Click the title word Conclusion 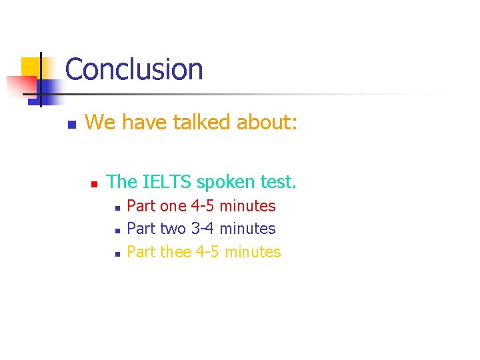point(134,69)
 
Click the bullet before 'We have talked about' point(71,125)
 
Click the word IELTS point(167,181)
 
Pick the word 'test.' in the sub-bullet point(277,181)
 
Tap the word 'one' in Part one point(173,206)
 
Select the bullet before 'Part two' point(116,231)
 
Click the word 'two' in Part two point(173,229)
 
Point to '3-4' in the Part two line point(203,229)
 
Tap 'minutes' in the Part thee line point(253,252)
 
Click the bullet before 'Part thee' point(116,254)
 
